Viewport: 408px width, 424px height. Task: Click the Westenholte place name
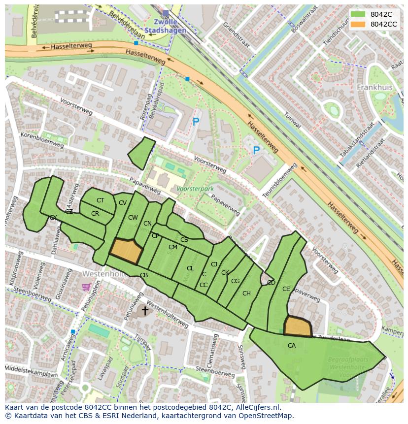point(105,273)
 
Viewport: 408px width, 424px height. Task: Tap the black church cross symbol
point(145,310)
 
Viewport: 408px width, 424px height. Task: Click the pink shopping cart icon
point(86,287)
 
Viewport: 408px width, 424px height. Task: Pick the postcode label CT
point(100,200)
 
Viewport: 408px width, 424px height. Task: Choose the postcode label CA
point(292,346)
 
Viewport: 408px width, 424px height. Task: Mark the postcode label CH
point(246,294)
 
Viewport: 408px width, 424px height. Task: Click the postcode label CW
point(133,218)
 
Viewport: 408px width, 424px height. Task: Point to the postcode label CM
point(172,247)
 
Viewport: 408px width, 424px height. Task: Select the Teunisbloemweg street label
point(279,181)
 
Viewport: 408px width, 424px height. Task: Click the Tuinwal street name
point(293,119)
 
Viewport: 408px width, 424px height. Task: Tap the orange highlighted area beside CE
point(298,326)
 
